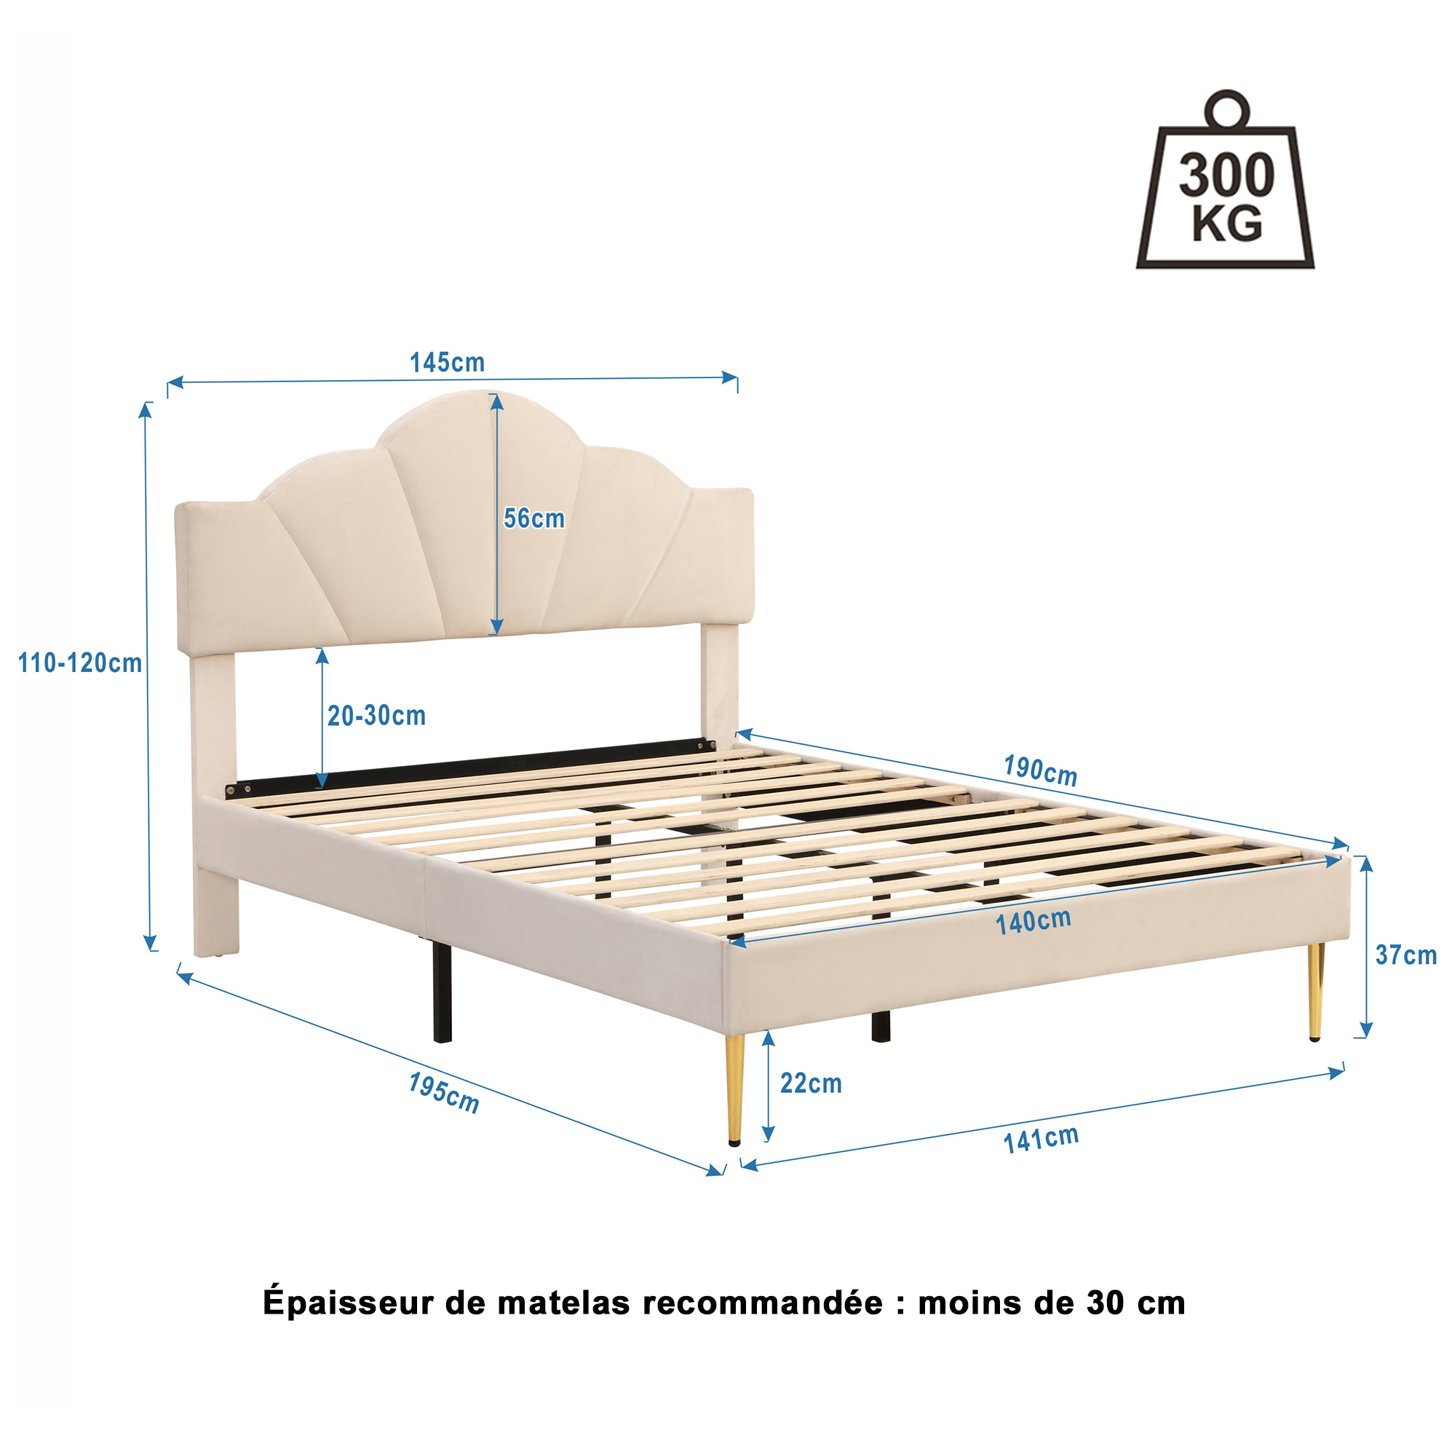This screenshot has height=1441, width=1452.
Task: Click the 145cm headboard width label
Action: point(446,363)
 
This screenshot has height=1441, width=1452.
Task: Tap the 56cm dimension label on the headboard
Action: point(533,518)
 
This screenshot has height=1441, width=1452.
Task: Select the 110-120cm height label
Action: point(79,663)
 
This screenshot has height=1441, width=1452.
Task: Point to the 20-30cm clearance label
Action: point(376,716)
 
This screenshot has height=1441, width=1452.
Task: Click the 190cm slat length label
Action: point(1040,770)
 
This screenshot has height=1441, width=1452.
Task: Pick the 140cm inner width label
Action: point(1034,922)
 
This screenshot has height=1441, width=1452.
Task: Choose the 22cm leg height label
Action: point(810,1083)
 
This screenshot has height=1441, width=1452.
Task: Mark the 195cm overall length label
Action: point(443,1093)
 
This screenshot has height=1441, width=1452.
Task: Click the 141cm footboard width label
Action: point(1041,1139)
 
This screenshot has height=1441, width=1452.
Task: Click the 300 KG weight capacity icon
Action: point(1225,180)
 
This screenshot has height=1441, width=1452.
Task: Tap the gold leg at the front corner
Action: point(734,1089)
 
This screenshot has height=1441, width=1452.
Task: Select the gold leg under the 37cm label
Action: point(1315,992)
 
